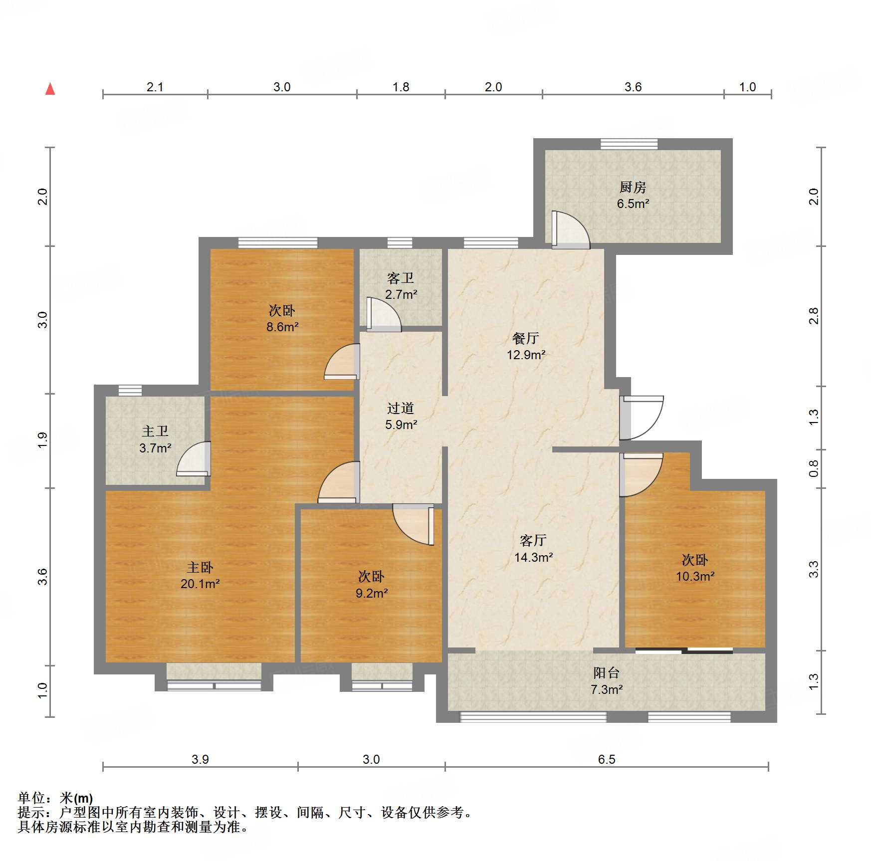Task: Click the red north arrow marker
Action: (x=50, y=89)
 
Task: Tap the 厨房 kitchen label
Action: (x=633, y=187)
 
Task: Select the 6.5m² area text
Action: (x=633, y=204)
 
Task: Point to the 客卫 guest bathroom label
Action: (x=400, y=278)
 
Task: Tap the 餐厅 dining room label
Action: (x=525, y=338)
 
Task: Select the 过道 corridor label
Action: (x=400, y=408)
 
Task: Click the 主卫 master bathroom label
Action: (x=155, y=431)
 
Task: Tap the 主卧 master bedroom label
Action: (x=200, y=567)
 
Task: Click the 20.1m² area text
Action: (x=200, y=584)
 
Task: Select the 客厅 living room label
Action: (x=533, y=540)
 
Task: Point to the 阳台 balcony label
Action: (x=606, y=673)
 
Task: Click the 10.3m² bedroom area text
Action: (x=694, y=577)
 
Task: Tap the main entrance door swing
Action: (x=642, y=417)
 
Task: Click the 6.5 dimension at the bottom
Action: (x=606, y=759)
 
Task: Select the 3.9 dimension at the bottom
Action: (x=200, y=759)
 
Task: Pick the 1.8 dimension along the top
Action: (x=400, y=87)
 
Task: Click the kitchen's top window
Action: (x=629, y=144)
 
